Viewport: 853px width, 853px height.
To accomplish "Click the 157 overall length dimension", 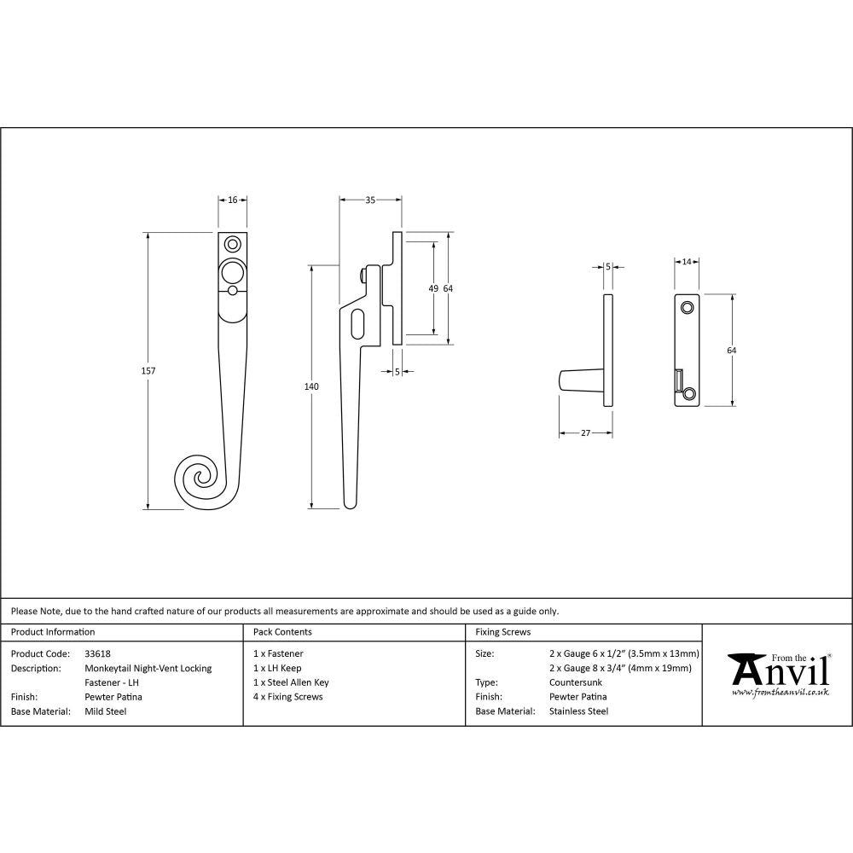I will point(151,371).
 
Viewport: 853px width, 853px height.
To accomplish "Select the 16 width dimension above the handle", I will point(233,200).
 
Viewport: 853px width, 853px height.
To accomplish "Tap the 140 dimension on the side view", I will point(311,387).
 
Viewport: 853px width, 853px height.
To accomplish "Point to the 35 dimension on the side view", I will point(370,200).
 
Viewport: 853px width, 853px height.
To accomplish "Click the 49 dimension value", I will point(433,289).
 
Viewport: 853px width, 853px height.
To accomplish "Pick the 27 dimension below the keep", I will point(585,433).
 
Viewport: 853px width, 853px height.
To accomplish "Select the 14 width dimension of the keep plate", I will point(687,262).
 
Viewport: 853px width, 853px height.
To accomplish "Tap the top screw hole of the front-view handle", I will point(231,243).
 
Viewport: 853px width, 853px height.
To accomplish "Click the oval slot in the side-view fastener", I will point(357,323).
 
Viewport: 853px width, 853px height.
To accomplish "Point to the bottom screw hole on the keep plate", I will point(689,393).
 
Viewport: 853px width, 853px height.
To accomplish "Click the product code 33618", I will point(98,653).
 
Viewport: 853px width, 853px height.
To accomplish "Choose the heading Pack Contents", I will point(282,632).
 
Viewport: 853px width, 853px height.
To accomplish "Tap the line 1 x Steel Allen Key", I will point(291,682).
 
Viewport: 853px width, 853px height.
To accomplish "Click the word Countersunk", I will point(576,682).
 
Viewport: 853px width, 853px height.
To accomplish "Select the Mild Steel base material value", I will point(106,711).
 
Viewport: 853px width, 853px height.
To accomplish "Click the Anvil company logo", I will point(777,674).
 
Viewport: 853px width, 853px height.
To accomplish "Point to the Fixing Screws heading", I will point(502,632).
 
